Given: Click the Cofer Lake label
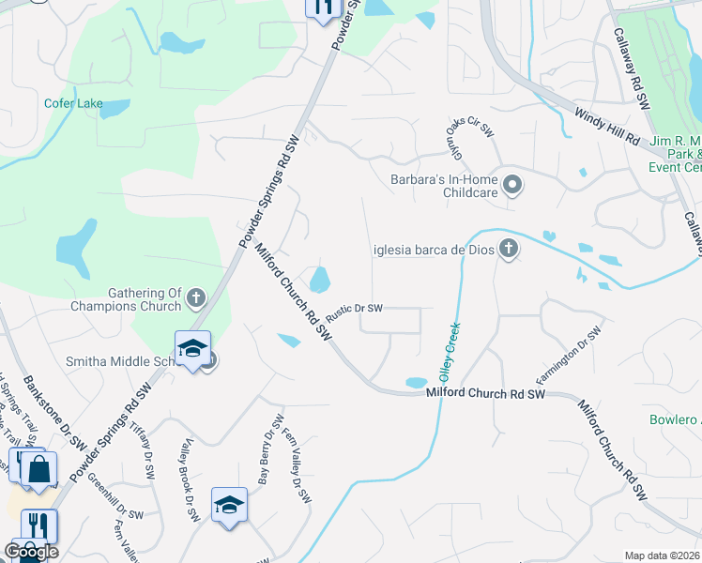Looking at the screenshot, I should [73, 104].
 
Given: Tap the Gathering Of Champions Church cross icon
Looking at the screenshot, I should [196, 299].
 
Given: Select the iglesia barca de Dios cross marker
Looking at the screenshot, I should [509, 250].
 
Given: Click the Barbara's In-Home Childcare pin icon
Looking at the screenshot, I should [512, 185].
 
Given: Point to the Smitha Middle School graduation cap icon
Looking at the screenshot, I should [192, 349].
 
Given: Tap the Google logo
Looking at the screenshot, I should [31, 552].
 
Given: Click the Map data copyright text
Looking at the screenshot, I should [663, 555].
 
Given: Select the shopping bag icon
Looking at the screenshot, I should [38, 470].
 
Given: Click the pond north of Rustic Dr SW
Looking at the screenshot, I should [320, 279].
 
